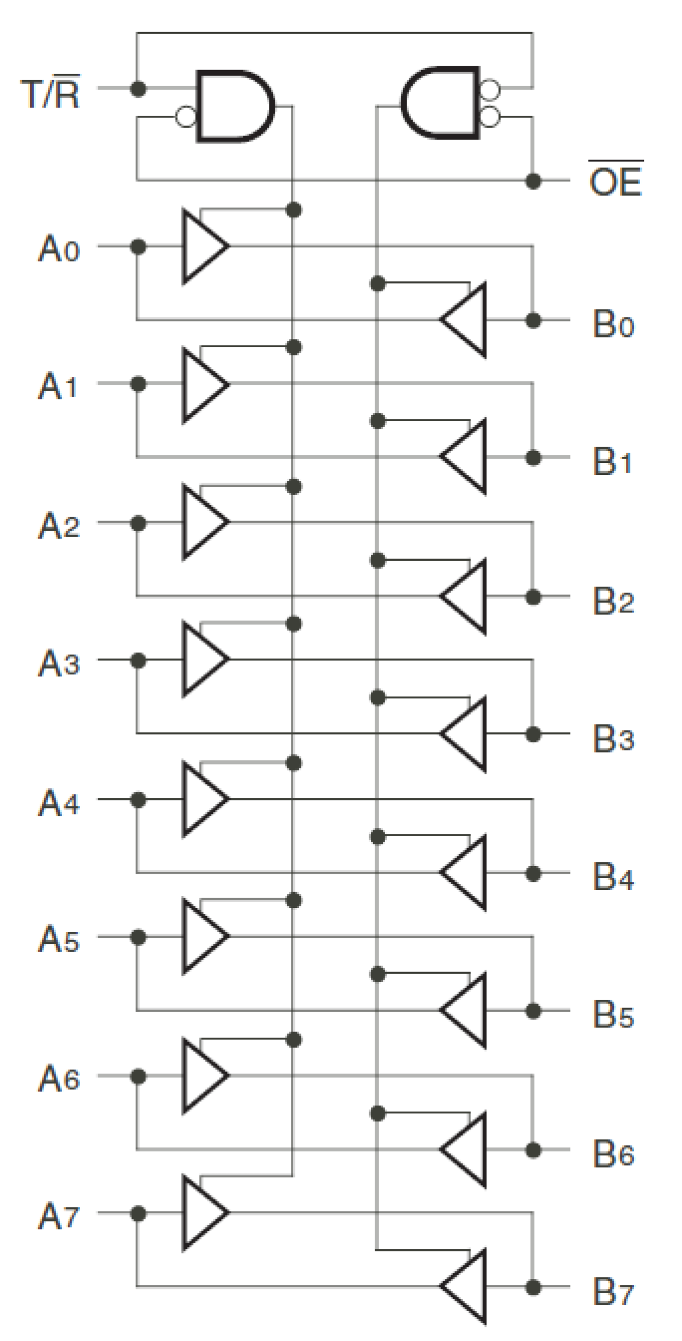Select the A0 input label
click(59, 249)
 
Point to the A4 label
click(59, 802)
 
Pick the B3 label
click(613, 738)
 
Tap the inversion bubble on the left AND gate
click(186, 117)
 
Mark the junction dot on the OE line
click(534, 181)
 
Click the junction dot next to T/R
click(138, 88)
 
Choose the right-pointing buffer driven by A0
click(202, 246)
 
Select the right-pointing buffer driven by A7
click(202, 1213)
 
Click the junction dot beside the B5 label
click(534, 1011)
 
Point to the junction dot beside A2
click(138, 523)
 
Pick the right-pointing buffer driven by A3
click(202, 659)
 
